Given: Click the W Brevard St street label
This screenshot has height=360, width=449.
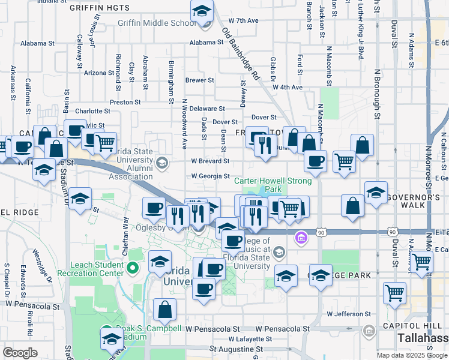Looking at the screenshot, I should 210,161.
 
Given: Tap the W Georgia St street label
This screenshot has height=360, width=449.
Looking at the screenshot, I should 210,176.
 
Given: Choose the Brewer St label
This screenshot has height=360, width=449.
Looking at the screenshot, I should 199,80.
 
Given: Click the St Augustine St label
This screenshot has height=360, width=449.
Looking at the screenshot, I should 236,349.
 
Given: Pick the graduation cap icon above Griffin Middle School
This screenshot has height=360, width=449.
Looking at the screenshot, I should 202,11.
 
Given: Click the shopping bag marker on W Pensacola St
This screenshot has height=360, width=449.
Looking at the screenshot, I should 164,310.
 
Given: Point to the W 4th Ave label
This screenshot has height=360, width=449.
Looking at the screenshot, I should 287,87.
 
